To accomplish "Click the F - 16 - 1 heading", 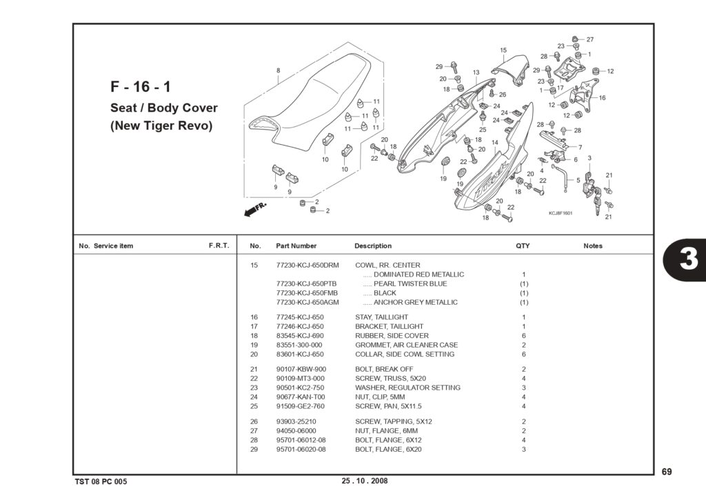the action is point(141,86).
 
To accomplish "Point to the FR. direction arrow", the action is point(255,210).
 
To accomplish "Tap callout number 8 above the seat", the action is point(279,70).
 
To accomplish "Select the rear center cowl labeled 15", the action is point(511,69).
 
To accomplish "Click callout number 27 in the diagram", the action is point(590,39).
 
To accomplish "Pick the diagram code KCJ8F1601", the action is point(561,213).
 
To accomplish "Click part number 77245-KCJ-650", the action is point(300,317).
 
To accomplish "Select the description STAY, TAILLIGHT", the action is point(381,317).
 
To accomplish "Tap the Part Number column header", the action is point(296,246).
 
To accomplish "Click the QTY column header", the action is point(523,246).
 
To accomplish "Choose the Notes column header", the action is point(592,246).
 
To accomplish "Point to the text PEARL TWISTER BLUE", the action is point(410,283).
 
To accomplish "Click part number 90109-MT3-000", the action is point(301,379).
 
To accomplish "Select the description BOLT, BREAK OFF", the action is point(384,369).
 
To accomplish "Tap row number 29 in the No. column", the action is point(254,449).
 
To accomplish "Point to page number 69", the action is point(667,472).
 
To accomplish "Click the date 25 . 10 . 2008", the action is point(365,481).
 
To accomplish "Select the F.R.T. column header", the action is point(219,246).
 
